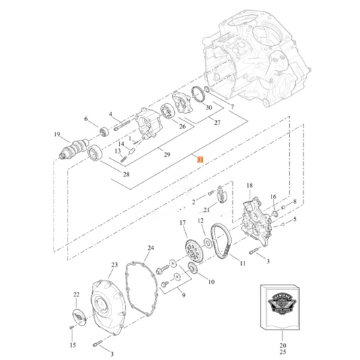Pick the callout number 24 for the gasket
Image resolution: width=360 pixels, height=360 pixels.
pyautogui.click(x=151, y=248)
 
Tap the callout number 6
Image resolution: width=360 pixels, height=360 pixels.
pyautogui.click(x=86, y=119)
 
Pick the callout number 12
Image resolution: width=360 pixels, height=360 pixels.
pyautogui.click(x=201, y=220)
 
